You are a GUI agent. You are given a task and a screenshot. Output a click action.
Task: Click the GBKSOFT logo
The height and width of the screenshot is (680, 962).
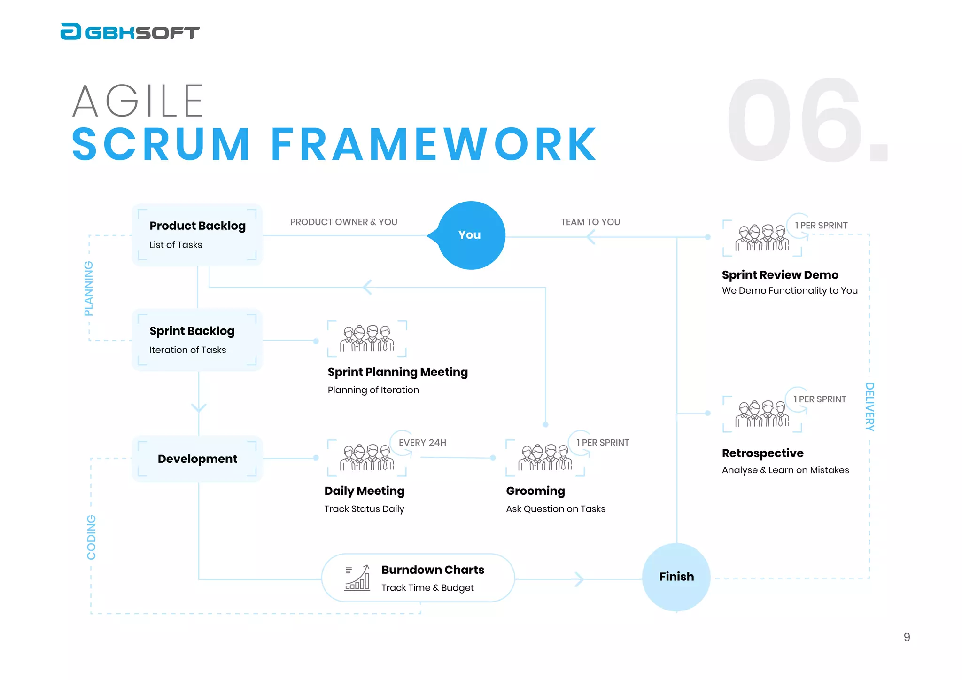click(x=130, y=32)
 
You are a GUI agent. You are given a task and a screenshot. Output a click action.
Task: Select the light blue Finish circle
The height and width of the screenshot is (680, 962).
click(x=676, y=577)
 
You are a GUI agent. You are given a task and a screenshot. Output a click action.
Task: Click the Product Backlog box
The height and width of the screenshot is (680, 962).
click(x=197, y=234)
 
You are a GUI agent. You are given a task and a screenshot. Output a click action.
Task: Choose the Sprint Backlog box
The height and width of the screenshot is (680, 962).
click(x=197, y=340)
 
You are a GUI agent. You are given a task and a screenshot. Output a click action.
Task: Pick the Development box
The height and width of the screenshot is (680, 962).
click(x=197, y=459)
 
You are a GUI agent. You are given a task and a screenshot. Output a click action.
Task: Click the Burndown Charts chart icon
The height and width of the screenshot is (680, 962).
click(x=357, y=578)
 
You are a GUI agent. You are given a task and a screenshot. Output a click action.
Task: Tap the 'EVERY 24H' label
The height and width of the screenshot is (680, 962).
click(x=422, y=443)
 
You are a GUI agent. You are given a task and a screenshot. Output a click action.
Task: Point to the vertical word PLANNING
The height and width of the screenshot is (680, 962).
click(x=88, y=288)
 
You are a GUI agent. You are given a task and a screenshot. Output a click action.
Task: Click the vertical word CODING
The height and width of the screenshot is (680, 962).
click(x=91, y=537)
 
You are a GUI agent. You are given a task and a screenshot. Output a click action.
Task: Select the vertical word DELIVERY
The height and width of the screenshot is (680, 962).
click(x=869, y=406)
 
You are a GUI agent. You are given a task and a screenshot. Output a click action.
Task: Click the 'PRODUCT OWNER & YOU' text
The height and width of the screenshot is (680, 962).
click(x=343, y=222)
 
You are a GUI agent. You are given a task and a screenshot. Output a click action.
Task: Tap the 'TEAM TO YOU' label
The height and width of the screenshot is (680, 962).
click(x=590, y=222)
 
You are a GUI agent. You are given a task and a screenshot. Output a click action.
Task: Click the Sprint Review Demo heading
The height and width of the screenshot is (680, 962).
click(x=780, y=275)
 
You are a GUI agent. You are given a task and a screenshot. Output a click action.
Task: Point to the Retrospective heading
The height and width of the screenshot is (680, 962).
click(x=762, y=453)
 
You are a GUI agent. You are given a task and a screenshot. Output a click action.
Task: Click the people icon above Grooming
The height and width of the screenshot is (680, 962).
click(x=545, y=458)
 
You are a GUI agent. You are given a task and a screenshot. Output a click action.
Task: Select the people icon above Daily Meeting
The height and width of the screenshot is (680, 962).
click(x=367, y=458)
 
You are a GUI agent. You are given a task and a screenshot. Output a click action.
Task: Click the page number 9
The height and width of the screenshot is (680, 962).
click(x=907, y=637)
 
